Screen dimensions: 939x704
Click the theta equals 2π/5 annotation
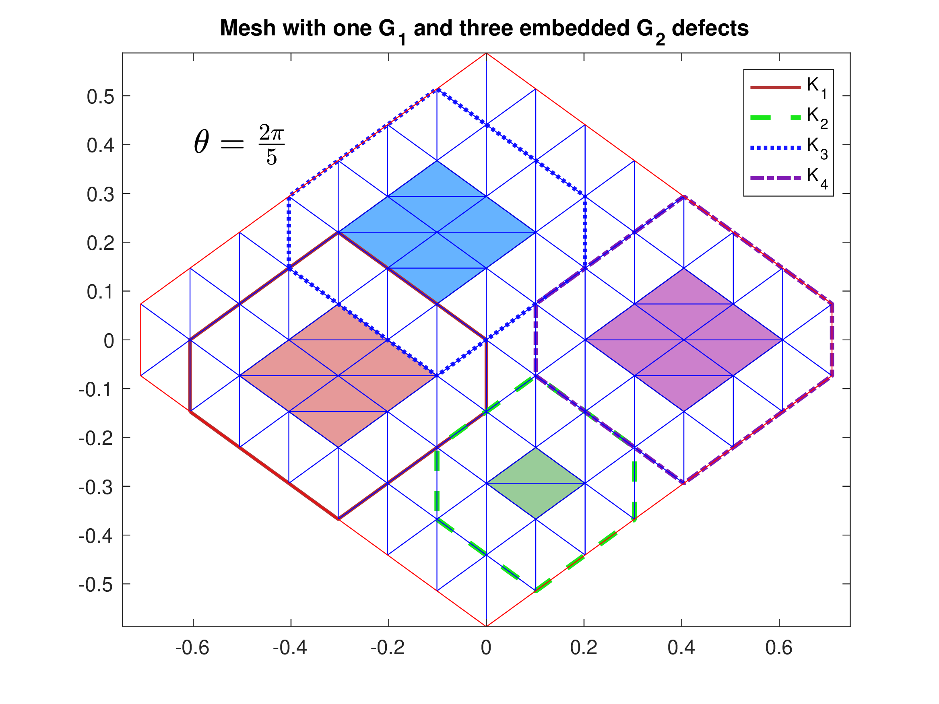click(239, 144)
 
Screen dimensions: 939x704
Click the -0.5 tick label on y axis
click(96, 585)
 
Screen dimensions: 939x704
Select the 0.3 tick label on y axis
click(101, 194)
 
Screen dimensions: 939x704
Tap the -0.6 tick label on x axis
click(193, 648)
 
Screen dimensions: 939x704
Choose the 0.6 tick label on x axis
click(779, 648)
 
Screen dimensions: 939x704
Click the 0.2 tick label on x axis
click(584, 648)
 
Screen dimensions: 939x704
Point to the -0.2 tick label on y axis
click(96, 438)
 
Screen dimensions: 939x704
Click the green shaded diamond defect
click(536, 483)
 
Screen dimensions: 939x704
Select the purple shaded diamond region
click(684, 340)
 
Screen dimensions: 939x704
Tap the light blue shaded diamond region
click(437, 232)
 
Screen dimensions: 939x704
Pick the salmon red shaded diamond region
click(338, 376)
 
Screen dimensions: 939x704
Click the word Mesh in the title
click(248, 29)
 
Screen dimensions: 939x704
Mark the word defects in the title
click(710, 29)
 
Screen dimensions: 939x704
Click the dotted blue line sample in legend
click(775, 148)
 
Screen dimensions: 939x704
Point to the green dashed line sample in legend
click(775, 118)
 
